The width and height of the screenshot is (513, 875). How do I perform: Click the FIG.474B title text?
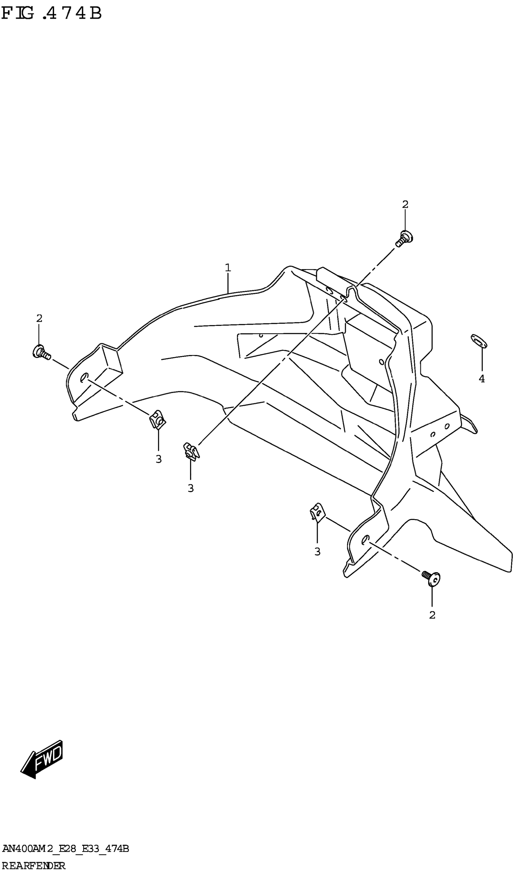(51, 14)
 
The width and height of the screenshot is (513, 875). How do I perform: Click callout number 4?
(482, 379)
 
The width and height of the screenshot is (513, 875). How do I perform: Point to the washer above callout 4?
(479, 341)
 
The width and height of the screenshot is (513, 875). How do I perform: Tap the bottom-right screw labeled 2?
(432, 578)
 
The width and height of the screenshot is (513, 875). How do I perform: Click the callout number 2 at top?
(405, 205)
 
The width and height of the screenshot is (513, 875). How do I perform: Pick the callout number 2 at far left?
(39, 318)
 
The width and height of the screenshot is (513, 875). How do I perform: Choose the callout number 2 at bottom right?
(432, 615)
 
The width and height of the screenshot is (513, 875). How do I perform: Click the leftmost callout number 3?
(159, 459)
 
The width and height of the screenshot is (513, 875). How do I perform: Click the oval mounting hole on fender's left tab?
(84, 377)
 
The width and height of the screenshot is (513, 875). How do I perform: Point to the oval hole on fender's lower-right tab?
(365, 539)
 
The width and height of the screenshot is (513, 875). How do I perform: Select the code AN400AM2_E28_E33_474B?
(65, 849)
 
